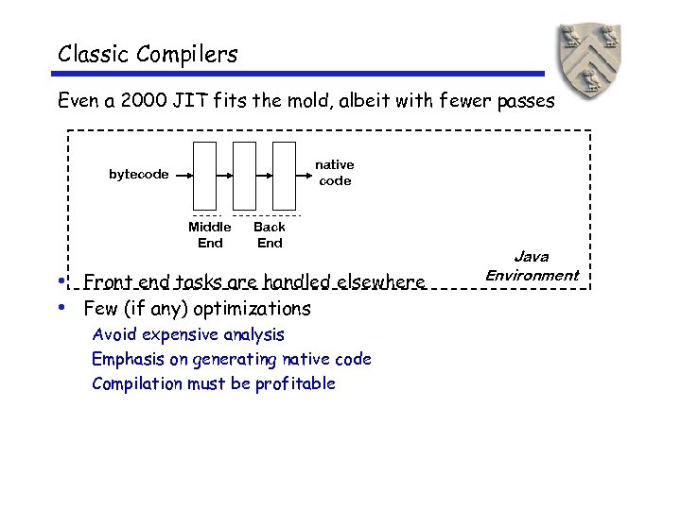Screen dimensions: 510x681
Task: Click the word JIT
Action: [217, 100]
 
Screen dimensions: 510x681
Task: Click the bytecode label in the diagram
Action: [139, 174]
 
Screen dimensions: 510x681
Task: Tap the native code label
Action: [335, 173]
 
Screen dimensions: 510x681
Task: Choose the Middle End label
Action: [210, 234]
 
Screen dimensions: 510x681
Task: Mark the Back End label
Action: [270, 234]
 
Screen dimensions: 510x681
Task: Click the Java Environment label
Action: [532, 266]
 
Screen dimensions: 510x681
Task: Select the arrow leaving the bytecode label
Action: [183, 175]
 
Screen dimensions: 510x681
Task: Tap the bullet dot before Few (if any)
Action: [61, 307]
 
